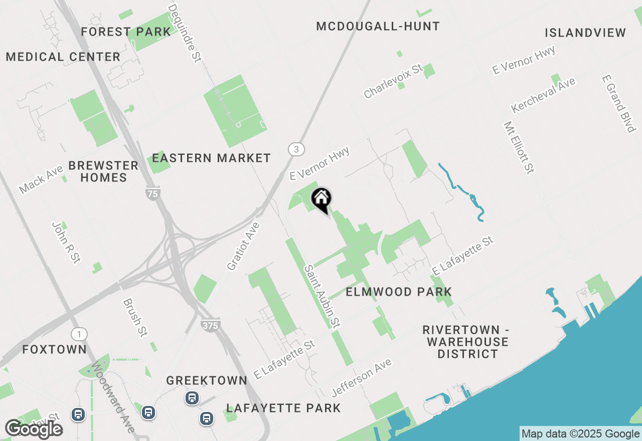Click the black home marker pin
coord(321,199)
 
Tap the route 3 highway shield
coord(296,149)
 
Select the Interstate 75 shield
coord(152,193)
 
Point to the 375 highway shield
coord(210,325)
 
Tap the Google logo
coord(34,429)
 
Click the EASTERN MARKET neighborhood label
coord(211,158)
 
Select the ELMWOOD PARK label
coord(399,292)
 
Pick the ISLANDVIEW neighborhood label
coord(585,33)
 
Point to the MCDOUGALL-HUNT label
coord(378,27)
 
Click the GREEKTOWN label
coord(207,381)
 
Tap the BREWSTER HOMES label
coord(103,171)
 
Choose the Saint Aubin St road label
coord(322,297)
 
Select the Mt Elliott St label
coord(519,147)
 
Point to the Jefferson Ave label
coord(361,377)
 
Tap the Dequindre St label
coord(184,33)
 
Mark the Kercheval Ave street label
coord(543,95)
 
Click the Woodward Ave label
coord(113,398)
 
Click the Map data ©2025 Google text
coord(580,434)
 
